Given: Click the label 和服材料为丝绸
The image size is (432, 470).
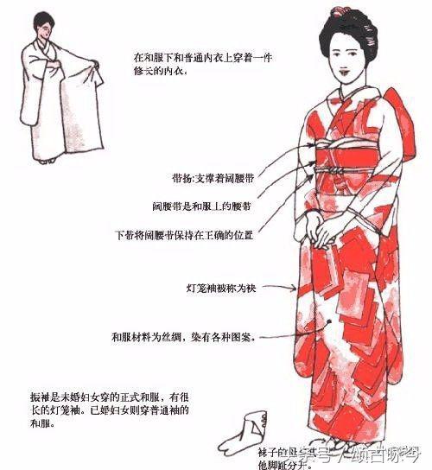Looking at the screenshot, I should pos(186,337).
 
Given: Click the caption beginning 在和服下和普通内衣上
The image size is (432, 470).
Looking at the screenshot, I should pos(190,63).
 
